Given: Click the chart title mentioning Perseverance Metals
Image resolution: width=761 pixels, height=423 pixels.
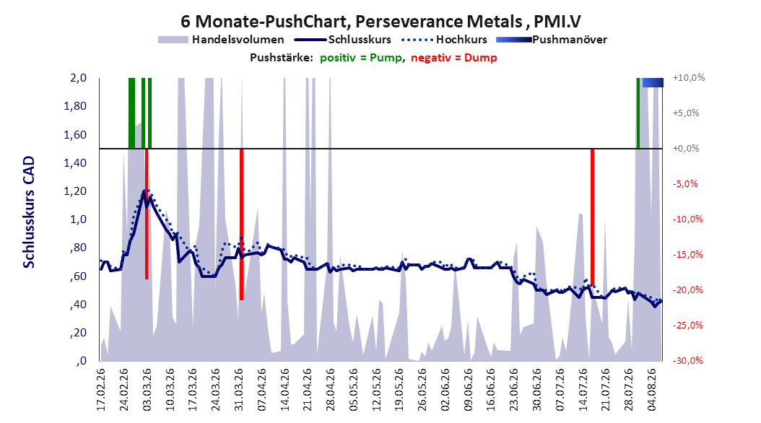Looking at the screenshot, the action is pos(381,22).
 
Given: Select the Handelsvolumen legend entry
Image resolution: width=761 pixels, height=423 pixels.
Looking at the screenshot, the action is pos(222,40).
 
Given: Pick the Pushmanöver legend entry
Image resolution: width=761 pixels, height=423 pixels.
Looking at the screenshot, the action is pos(552,40).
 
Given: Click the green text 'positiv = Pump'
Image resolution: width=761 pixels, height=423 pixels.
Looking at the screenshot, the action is pos(361,58).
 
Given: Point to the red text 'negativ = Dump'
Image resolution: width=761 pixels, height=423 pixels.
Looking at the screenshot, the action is pos(454,58).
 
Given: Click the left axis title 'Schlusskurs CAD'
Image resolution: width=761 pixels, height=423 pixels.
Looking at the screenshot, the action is pos(29,212).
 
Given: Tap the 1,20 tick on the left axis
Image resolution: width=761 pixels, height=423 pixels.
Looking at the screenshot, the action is pos(75,191).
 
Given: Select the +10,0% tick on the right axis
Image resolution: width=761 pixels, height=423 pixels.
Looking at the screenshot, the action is pos(689,78).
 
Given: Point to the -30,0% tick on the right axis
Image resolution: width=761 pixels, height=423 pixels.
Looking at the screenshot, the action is pos(687,360).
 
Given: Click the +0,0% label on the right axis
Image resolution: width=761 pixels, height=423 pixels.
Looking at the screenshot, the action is pos(686,149).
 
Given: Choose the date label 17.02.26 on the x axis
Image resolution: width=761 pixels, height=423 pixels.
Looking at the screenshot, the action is pos(101,390).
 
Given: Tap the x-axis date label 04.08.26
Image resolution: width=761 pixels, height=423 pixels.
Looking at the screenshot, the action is pos(651,390).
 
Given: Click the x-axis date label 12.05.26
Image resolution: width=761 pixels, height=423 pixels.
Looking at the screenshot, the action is pos(376,390).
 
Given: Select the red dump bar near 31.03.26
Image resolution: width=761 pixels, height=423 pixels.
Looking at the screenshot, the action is pos(241,224).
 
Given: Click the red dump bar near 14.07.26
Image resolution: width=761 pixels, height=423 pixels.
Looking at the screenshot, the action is pos(592,217).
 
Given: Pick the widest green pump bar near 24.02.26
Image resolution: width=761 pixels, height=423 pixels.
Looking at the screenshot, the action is pos(131,113).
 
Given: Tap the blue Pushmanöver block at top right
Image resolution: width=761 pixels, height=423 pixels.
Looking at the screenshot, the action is pos(653,82).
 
